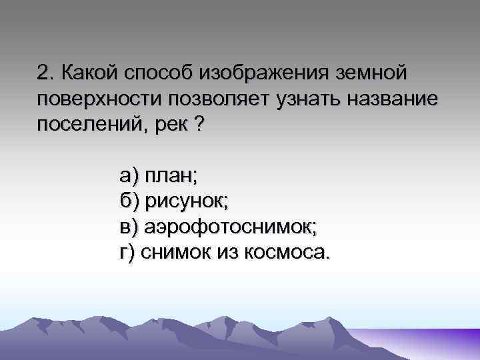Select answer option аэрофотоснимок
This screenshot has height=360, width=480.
pyautogui.click(x=229, y=227)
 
